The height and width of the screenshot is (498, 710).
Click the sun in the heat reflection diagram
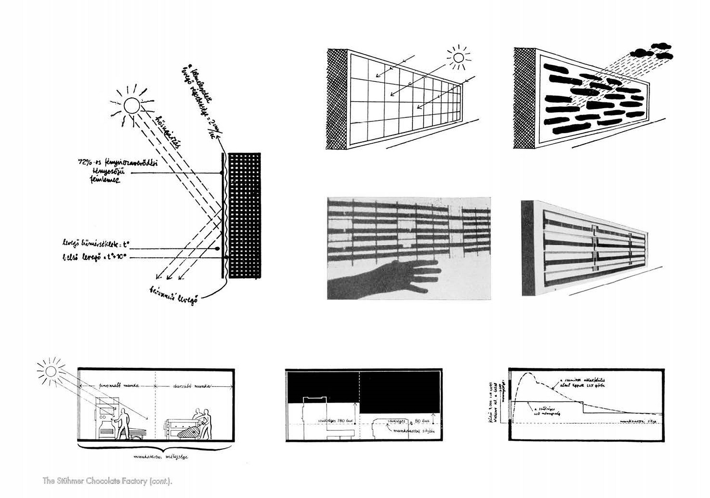[132, 105]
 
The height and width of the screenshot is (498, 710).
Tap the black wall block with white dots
[245, 216]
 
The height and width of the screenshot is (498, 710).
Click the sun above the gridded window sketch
[458, 58]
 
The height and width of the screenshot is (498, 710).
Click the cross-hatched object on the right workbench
[188, 431]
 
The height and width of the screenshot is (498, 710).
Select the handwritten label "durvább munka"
[192, 386]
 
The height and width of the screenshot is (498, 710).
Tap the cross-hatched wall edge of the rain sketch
[525, 97]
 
